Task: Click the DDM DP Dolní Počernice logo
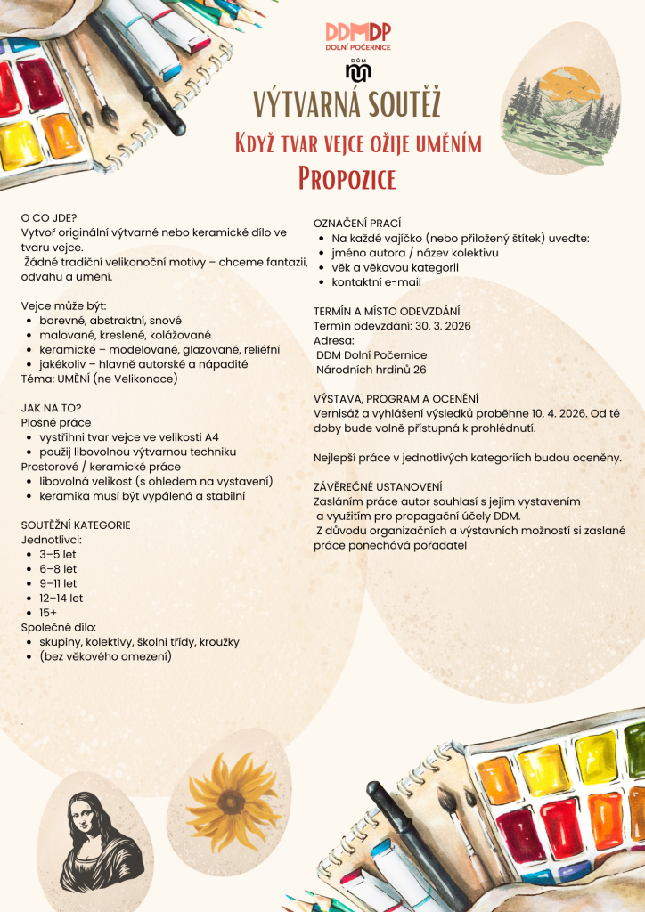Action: click(358, 37)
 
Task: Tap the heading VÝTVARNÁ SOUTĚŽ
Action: click(347, 104)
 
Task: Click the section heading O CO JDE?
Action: click(50, 217)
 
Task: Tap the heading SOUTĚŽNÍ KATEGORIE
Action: click(76, 525)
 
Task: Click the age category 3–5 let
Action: click(58, 554)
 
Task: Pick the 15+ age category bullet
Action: click(48, 613)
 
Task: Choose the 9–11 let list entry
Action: click(58, 583)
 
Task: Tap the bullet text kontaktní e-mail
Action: click(376, 282)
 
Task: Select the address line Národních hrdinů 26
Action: click(371, 370)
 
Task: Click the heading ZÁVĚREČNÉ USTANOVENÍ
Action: click(378, 486)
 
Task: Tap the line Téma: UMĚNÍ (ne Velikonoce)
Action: click(100, 379)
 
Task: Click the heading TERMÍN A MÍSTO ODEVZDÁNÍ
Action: click(387, 311)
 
